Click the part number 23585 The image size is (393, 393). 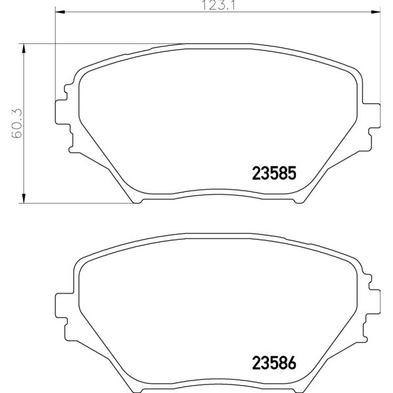274,173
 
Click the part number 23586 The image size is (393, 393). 274,363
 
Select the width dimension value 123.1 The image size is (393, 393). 218,5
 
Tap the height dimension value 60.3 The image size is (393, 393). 17,123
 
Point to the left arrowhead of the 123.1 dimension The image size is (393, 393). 60,12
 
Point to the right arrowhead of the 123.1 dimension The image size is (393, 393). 375,12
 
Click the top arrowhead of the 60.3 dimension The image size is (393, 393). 24,48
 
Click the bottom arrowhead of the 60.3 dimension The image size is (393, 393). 24,198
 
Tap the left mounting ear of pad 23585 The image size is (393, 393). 62,112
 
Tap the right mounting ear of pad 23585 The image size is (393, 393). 373,116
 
